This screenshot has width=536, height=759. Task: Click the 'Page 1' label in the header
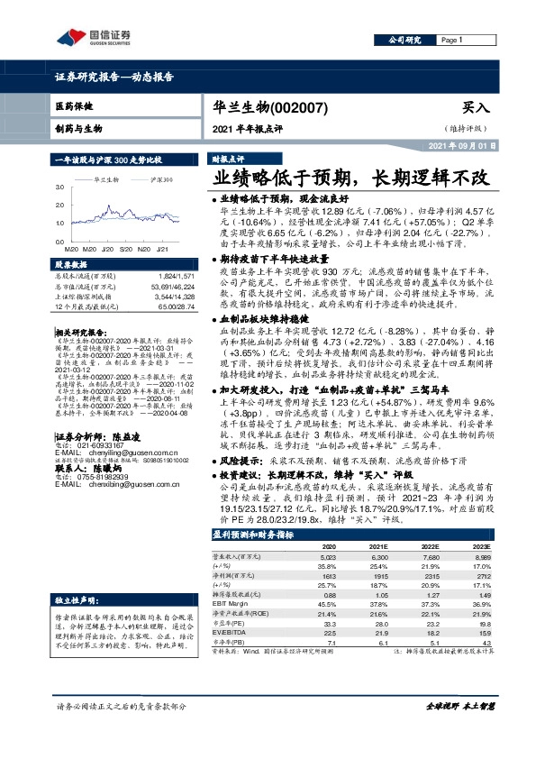coord(452,41)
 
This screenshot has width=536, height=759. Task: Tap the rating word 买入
coord(476,106)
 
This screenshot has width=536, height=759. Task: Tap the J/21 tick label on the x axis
coord(163,247)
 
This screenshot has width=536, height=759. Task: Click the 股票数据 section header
coord(69,265)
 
